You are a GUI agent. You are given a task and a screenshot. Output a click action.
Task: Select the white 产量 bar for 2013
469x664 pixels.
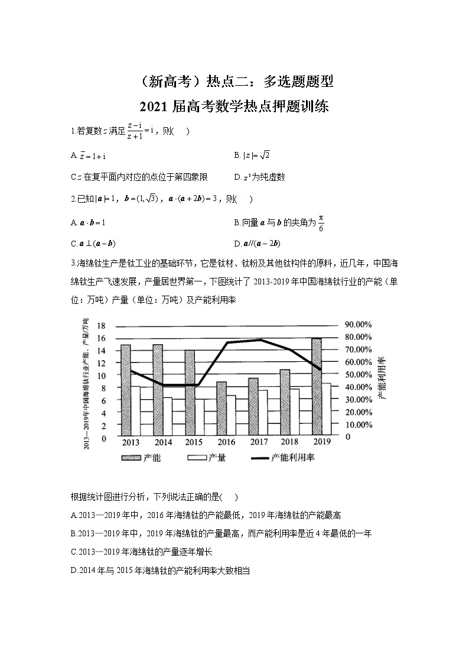[x=135, y=410]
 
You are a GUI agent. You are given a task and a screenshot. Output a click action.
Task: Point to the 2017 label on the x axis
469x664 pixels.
[x=258, y=442]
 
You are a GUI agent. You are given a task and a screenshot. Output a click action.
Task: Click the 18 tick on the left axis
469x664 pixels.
[x=101, y=326]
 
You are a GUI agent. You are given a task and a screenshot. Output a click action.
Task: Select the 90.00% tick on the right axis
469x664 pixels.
[x=358, y=325]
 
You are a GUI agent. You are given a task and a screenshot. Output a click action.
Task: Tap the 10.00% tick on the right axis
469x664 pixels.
[x=358, y=425]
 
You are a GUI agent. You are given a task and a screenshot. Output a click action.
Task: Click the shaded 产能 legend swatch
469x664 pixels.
[x=131, y=458]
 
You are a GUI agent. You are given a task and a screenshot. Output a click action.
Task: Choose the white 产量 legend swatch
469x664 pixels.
[x=196, y=458]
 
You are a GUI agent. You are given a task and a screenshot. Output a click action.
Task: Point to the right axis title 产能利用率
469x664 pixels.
[x=382, y=378]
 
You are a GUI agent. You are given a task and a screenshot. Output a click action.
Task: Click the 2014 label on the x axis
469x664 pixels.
[x=163, y=442]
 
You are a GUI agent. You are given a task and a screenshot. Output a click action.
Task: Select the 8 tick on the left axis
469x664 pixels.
[x=103, y=388]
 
